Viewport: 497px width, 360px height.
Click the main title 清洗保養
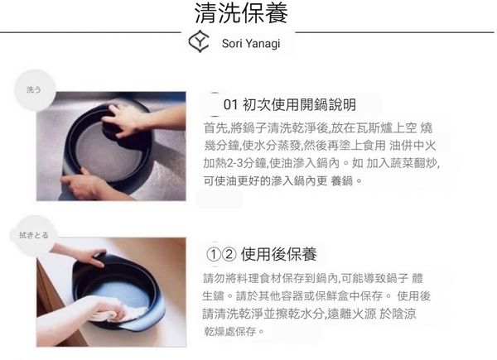(241, 13)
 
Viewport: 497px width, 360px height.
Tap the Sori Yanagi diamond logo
(199, 41)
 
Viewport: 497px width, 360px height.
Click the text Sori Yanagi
(251, 43)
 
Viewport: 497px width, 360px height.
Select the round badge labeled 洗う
(35, 90)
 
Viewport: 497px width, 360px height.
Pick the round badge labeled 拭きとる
(33, 235)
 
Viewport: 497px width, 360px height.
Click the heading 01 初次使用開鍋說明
(290, 104)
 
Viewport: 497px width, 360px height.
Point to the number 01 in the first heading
(230, 105)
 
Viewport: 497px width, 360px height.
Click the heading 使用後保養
(279, 254)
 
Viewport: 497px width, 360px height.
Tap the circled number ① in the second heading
(214, 254)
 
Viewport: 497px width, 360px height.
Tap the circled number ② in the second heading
(229, 254)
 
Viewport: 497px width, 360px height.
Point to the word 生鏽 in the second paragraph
(213, 296)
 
